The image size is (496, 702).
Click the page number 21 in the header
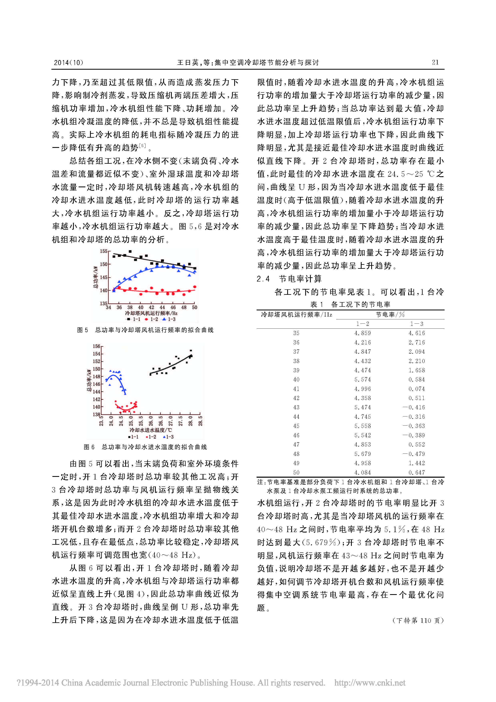point(435,62)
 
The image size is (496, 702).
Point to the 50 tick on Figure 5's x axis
point(194,307)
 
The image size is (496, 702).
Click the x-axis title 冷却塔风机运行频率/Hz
point(151,313)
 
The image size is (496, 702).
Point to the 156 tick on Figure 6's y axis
point(97,346)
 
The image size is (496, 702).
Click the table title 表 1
point(317,304)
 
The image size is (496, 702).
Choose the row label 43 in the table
point(296,407)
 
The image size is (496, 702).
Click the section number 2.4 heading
point(263,279)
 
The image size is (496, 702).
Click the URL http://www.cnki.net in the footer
point(370,683)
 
